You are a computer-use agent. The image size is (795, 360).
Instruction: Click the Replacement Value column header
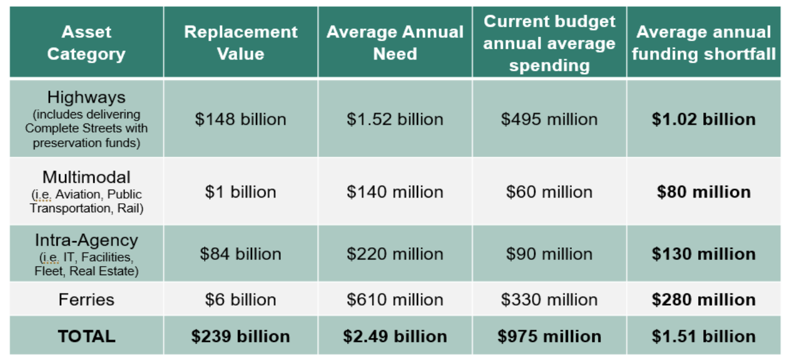click(241, 42)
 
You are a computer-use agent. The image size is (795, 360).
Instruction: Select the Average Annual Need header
click(395, 42)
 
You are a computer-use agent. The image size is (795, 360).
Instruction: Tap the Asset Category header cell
click(86, 42)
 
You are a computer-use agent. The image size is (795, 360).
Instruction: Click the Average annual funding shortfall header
click(703, 42)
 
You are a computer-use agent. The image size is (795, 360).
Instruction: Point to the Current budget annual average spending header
click(549, 43)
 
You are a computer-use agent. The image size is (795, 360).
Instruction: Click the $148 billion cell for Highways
click(241, 119)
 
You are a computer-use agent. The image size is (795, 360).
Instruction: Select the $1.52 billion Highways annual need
click(395, 119)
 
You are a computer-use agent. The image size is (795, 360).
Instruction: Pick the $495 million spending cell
click(549, 119)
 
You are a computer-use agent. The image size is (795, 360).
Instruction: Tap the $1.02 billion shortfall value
click(703, 119)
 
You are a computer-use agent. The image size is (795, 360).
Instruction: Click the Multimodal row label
click(86, 177)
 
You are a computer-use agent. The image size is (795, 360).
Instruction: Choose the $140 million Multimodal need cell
click(395, 192)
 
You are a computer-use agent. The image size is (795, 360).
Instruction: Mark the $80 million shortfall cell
click(703, 192)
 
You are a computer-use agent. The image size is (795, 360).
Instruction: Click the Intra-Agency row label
click(86, 241)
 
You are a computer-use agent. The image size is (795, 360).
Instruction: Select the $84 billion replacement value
click(241, 254)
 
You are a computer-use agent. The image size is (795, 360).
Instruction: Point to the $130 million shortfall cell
click(703, 254)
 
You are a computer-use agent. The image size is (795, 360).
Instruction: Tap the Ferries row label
click(86, 299)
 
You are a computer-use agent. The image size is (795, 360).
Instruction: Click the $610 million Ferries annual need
click(395, 299)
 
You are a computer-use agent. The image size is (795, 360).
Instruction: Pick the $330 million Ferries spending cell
click(549, 299)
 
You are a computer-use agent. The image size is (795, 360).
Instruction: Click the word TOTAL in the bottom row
click(86, 336)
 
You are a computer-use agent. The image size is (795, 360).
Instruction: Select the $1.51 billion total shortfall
click(703, 336)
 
